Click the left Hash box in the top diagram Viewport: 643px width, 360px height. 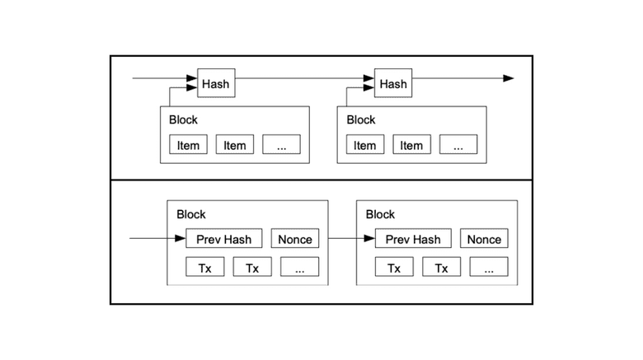coord(216,83)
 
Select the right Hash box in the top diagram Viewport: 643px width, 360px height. coord(393,83)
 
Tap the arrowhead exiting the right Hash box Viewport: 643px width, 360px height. coord(508,79)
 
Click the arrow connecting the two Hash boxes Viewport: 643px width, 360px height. coord(305,79)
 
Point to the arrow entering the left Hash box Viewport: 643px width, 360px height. coord(165,79)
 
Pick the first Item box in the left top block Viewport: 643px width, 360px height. coord(188,145)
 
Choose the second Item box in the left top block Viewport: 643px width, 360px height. coord(235,145)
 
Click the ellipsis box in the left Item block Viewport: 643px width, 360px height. coord(281,145)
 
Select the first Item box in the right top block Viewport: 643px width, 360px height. coord(364,145)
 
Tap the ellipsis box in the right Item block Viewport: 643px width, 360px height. coord(458,145)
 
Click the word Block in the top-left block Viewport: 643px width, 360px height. coord(183,119)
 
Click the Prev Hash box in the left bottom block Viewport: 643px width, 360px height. coord(224,239)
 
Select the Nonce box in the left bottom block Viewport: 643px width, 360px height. coord(295,239)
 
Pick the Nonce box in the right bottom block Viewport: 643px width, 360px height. coord(484,239)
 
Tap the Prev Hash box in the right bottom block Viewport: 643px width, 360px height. coord(413,239)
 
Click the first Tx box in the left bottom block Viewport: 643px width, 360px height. coord(204,268)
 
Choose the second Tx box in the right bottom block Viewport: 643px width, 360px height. coord(441,268)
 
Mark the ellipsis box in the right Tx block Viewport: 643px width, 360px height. coord(489,268)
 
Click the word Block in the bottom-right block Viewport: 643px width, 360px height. coord(380,214)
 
